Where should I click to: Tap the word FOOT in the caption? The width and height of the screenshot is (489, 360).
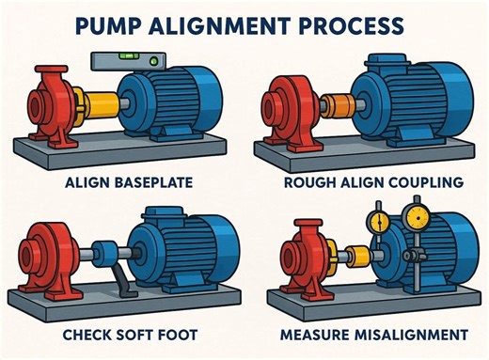click(x=187, y=334)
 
